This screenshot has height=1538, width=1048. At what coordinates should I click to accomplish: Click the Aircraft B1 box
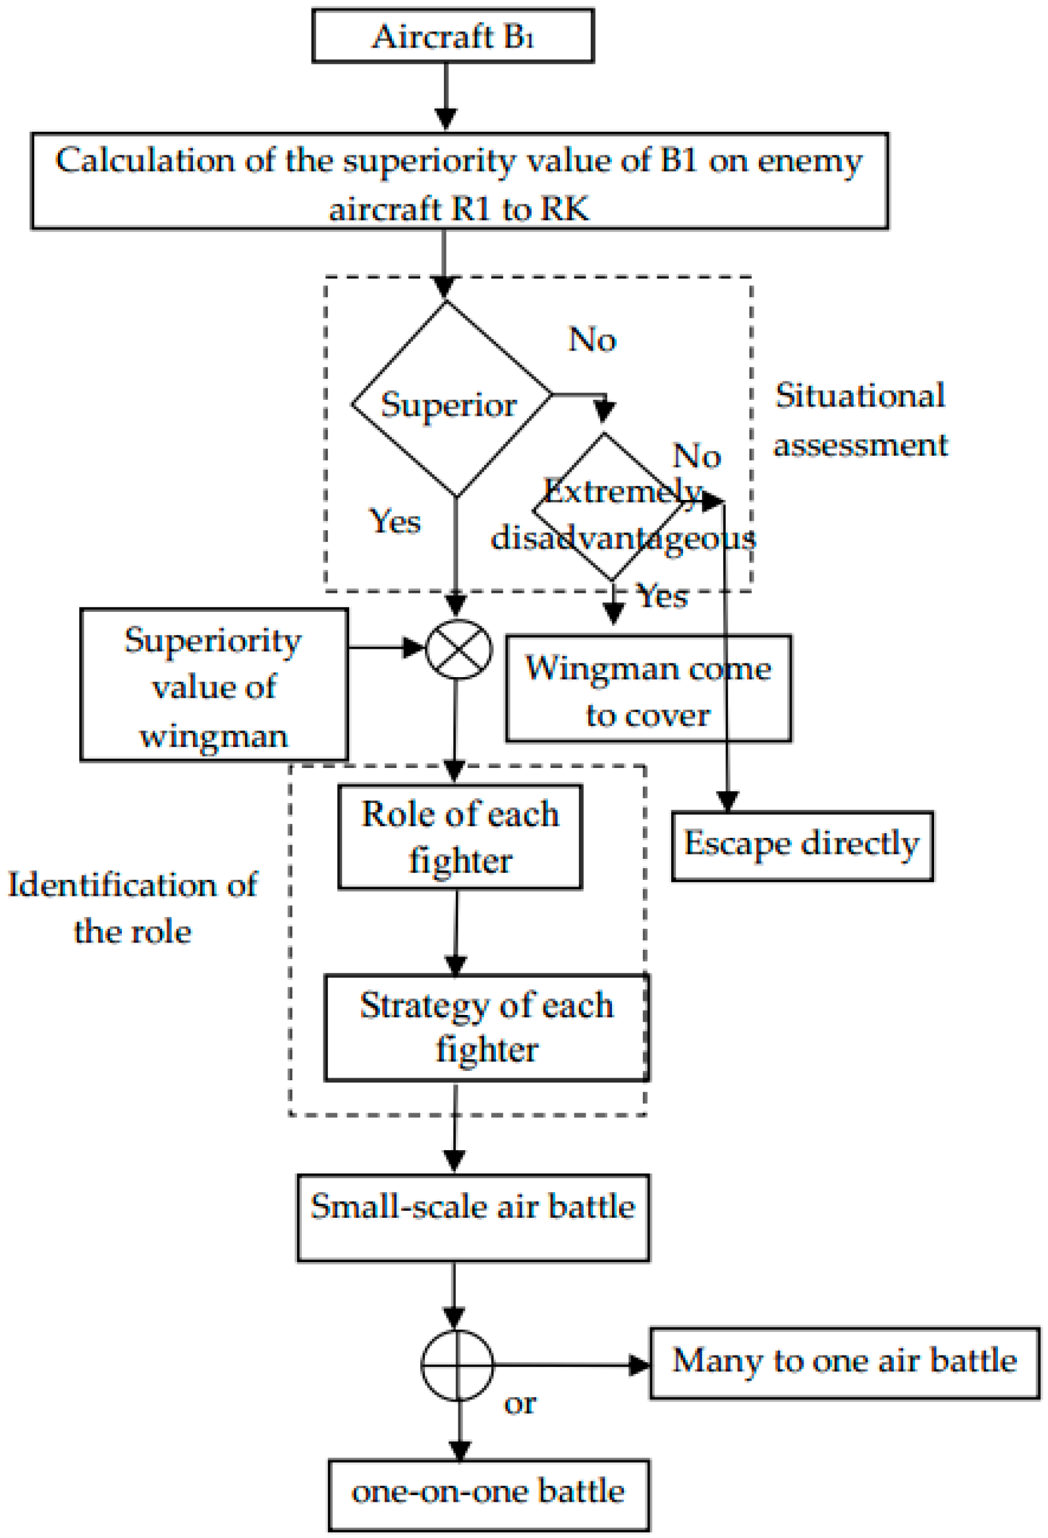pyautogui.click(x=453, y=36)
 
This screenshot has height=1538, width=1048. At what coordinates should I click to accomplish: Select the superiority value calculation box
pyautogui.click(x=459, y=180)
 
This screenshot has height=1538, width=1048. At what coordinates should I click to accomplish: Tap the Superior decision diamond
pyautogui.click(x=452, y=399)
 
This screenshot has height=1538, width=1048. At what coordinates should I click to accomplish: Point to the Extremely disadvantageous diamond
pyautogui.click(x=609, y=507)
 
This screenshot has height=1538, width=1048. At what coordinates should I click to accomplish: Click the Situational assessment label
pyautogui.click(x=860, y=420)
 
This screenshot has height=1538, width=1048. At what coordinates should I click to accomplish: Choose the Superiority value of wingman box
pyautogui.click(x=213, y=684)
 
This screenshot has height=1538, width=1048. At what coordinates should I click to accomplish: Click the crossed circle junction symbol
pyautogui.click(x=458, y=649)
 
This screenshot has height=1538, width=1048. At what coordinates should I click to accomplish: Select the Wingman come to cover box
pyautogui.click(x=648, y=688)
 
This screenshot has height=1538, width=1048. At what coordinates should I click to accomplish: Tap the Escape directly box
pyautogui.click(x=802, y=845)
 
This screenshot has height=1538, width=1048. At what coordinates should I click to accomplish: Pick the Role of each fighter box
pyautogui.click(x=460, y=837)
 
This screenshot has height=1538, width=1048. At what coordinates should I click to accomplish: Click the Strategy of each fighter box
pyautogui.click(x=486, y=1027)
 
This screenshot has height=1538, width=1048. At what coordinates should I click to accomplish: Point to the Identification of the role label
pyautogui.click(x=132, y=908)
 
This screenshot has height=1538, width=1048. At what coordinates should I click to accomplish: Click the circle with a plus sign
pyautogui.click(x=457, y=1366)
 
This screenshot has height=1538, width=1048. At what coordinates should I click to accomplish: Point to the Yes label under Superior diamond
pyautogui.click(x=395, y=521)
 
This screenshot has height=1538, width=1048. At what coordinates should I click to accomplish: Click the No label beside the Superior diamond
pyautogui.click(x=592, y=339)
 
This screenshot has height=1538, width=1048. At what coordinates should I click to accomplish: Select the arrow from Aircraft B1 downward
pyautogui.click(x=446, y=97)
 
